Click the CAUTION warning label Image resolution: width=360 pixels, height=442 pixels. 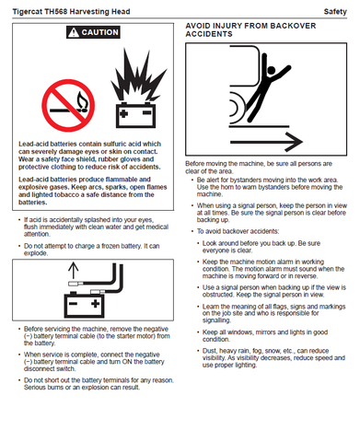93,32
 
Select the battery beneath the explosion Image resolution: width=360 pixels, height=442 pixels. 135,115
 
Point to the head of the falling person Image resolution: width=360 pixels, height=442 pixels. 272,70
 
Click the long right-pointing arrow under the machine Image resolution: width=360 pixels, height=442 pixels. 266,142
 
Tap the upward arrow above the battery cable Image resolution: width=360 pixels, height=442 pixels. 73,270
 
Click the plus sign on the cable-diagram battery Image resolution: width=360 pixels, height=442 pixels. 96,304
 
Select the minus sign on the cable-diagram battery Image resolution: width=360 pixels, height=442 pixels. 73,304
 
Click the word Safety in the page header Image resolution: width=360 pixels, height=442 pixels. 335,12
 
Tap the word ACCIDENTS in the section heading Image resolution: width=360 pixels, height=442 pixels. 209,34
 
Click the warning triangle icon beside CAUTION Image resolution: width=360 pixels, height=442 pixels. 74,32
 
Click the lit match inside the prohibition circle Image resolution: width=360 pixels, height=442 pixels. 69,105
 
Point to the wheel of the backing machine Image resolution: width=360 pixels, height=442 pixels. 234,108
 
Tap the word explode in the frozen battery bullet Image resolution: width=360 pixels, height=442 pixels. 36,253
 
